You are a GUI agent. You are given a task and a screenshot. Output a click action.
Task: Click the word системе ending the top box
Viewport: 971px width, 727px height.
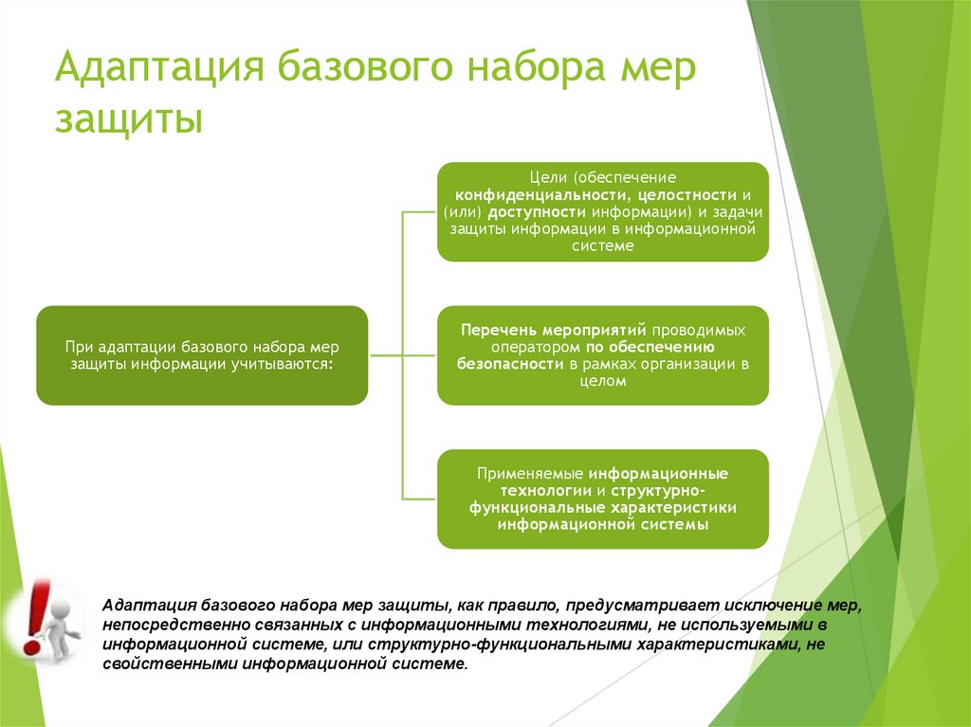tap(602, 245)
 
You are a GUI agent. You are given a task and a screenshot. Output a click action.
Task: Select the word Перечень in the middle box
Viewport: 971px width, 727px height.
tap(499, 330)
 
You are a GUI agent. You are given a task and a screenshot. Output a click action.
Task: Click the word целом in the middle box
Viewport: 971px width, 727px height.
tap(602, 381)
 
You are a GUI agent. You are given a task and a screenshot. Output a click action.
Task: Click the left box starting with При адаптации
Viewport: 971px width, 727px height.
tap(202, 355)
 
